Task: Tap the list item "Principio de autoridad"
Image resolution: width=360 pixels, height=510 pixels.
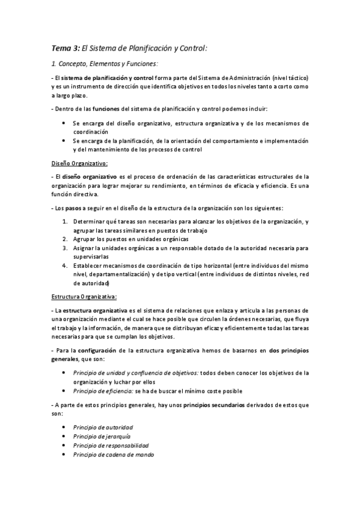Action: coord(103,427)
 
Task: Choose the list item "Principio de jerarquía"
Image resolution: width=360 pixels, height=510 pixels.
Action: coord(102,436)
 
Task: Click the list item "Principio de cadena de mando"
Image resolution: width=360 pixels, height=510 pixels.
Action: coord(113,455)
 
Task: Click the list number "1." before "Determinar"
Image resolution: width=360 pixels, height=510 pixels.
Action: coord(66,221)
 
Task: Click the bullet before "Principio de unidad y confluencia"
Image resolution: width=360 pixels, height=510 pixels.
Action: coord(64,372)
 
